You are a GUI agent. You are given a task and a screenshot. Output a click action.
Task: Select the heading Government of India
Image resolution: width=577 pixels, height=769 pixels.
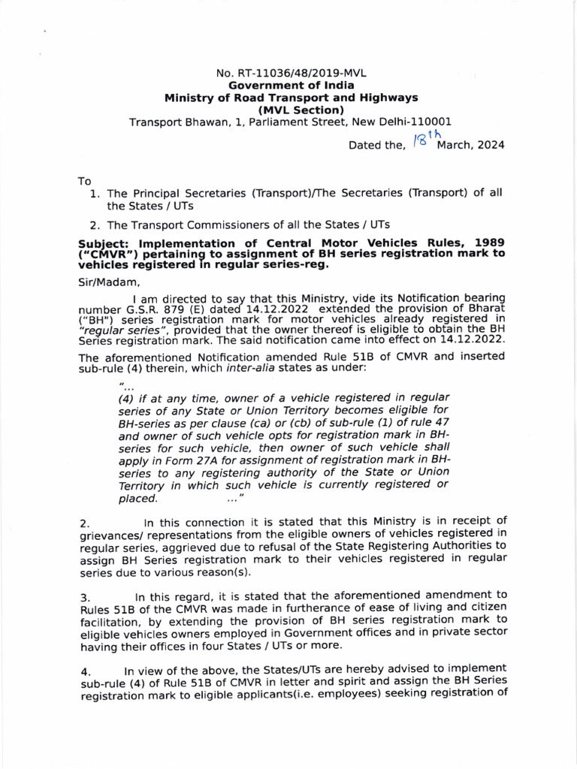coord(292,86)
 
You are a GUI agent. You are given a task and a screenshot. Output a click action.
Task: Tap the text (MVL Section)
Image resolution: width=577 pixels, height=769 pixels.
coord(292,110)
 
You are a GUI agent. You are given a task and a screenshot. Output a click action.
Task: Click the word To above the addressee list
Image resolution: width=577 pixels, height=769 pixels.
coord(85,181)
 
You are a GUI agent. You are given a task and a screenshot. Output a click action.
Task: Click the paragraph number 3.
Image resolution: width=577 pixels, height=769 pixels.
coord(84,597)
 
